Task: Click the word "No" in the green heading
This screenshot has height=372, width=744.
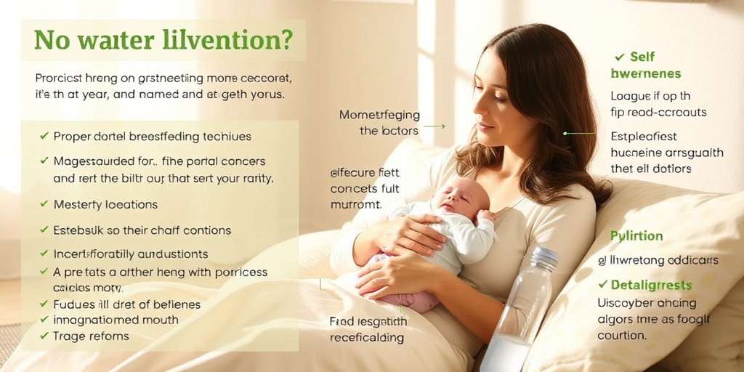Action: [x=51, y=40]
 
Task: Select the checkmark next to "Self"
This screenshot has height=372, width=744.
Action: [x=620, y=57]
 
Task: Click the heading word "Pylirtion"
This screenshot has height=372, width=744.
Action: [x=636, y=236]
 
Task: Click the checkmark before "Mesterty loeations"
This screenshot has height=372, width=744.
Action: [x=44, y=205]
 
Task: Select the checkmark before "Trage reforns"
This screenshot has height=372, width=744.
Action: [x=44, y=336]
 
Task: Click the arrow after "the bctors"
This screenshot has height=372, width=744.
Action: [x=434, y=126]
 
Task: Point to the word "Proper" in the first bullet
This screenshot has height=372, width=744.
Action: [x=71, y=137]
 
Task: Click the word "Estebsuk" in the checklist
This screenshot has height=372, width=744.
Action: [x=79, y=230]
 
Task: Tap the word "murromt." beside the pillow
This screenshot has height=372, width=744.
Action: [x=356, y=205]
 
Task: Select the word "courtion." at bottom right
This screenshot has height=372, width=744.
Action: [x=621, y=336]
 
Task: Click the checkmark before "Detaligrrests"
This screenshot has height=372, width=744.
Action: [x=602, y=285]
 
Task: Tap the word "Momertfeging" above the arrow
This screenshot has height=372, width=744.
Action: [x=380, y=115]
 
